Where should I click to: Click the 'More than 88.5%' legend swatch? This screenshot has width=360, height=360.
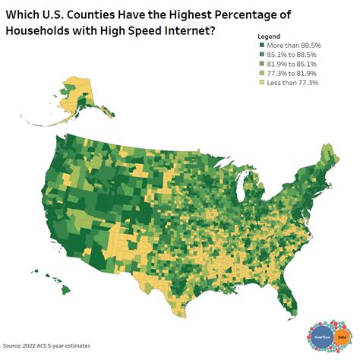262,46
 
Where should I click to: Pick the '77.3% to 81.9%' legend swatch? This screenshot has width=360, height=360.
262,74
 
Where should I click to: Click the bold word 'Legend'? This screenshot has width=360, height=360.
269,36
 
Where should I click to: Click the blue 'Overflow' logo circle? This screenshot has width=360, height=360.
323,336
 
